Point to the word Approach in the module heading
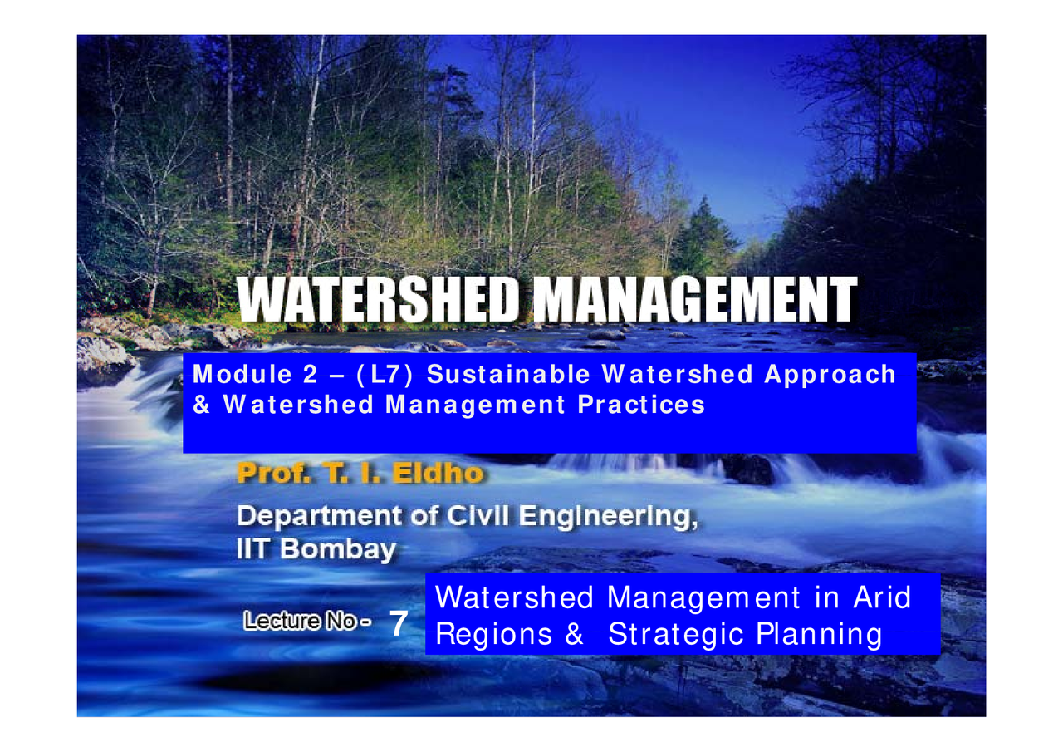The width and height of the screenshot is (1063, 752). [830, 375]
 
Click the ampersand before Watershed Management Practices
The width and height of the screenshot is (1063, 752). [199, 405]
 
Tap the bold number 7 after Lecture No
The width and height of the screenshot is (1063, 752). [399, 624]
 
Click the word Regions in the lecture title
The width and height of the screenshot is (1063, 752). [493, 635]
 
